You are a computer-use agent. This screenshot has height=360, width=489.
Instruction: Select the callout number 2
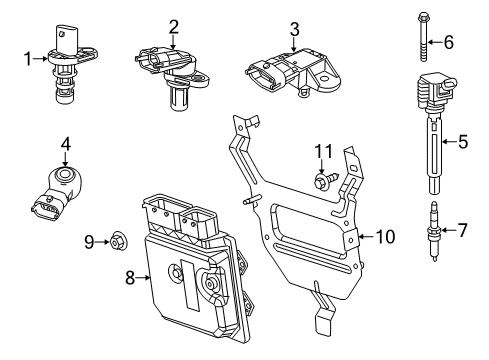click(x=173, y=27)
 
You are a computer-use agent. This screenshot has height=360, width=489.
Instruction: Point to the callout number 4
click(x=65, y=144)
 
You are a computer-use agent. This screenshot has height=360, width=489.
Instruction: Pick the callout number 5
click(x=463, y=142)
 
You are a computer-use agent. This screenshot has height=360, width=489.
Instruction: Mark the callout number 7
click(x=461, y=231)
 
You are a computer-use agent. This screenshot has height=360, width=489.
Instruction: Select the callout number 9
click(x=89, y=240)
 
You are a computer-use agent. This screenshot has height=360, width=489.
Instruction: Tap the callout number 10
click(x=386, y=236)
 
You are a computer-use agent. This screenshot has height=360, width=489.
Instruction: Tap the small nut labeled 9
click(x=117, y=240)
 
